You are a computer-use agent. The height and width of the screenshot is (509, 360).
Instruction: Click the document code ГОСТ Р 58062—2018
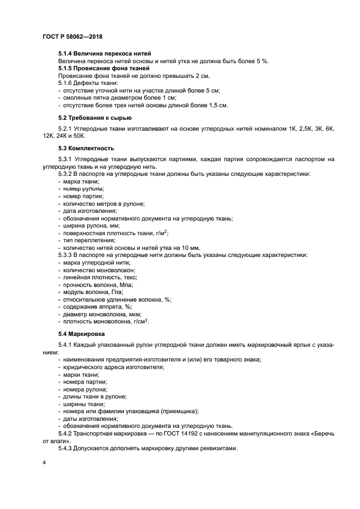point(72,36)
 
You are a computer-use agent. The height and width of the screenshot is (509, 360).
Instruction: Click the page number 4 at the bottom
point(44,463)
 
